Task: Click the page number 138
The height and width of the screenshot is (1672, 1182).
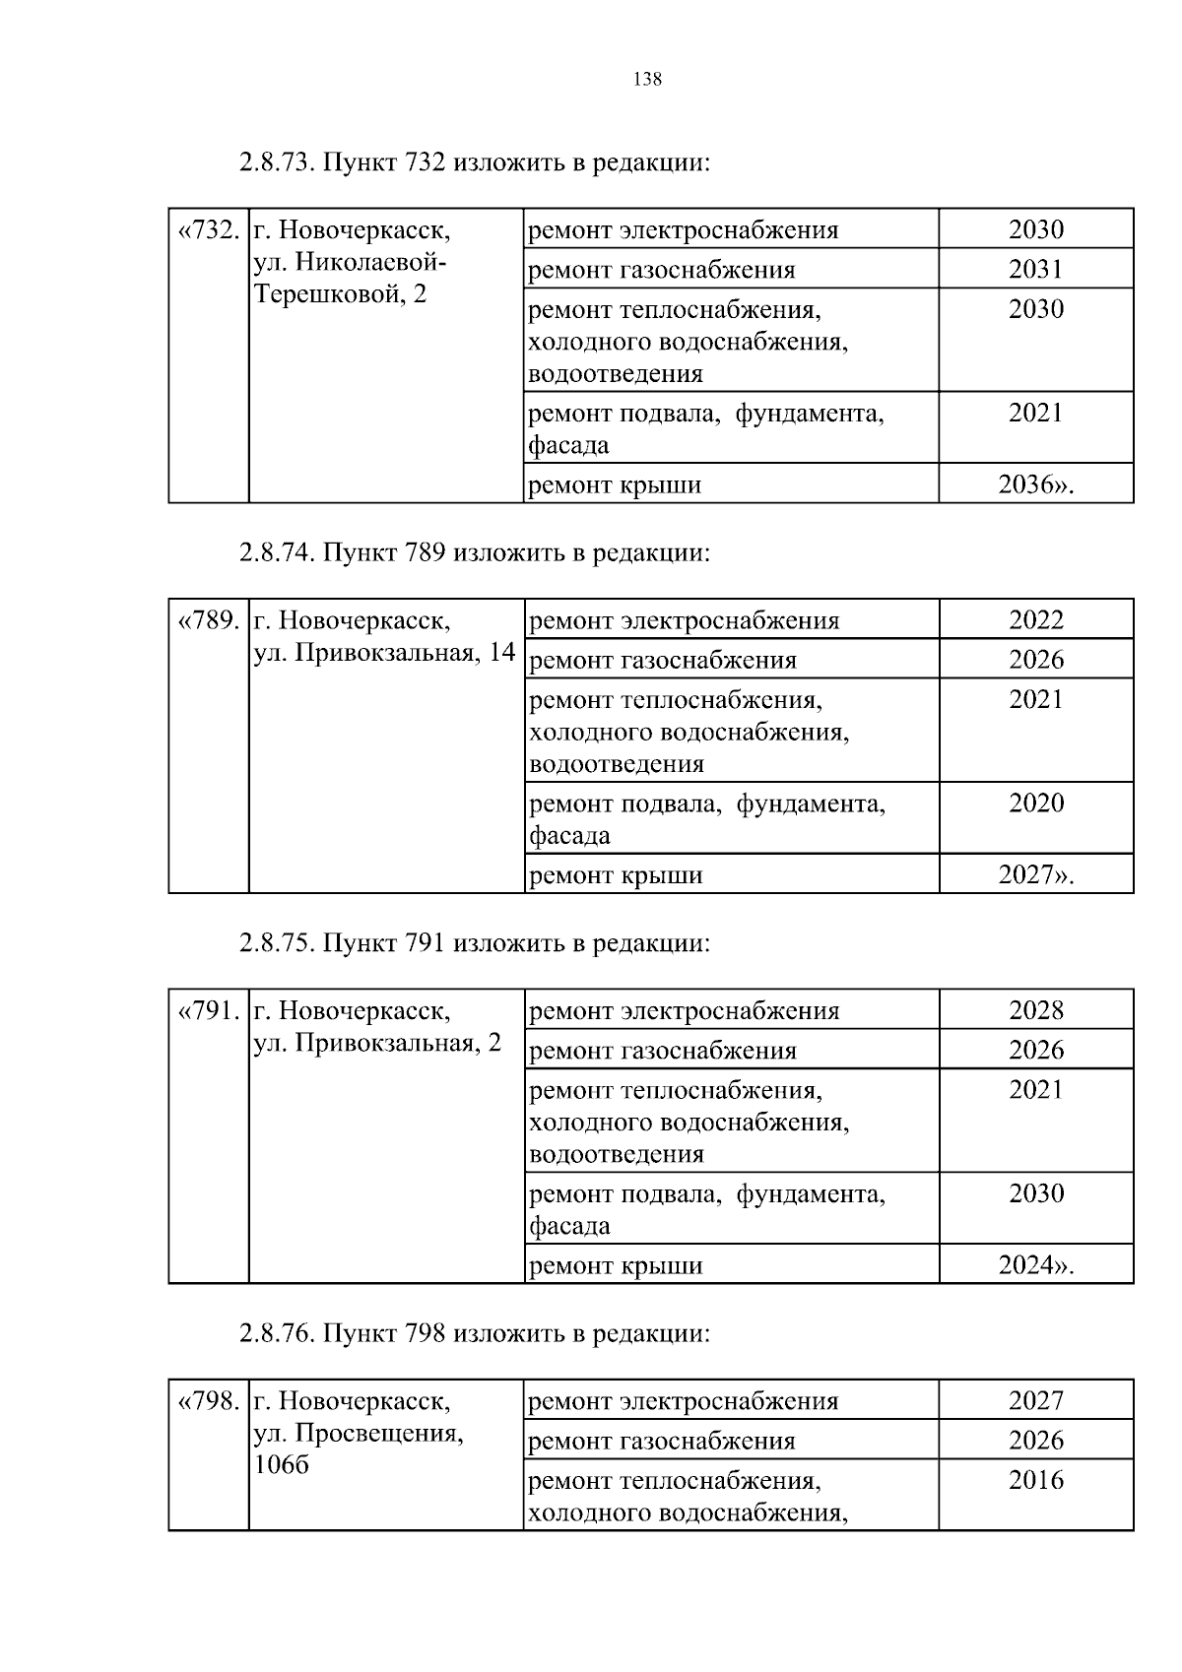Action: click(647, 81)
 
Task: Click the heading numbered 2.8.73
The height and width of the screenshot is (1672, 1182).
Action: click(473, 162)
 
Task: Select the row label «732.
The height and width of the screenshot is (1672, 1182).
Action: click(208, 230)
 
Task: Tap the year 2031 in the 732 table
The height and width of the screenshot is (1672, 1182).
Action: click(1035, 269)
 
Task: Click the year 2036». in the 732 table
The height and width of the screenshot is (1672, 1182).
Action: click(1035, 484)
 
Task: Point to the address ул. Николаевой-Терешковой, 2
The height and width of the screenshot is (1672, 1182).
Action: click(350, 278)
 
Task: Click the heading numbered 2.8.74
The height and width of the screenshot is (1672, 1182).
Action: click(473, 552)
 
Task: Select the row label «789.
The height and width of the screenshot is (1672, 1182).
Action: click(208, 620)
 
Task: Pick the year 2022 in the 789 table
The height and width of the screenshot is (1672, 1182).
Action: click(1035, 619)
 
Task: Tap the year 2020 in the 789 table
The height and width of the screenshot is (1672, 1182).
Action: click(1035, 803)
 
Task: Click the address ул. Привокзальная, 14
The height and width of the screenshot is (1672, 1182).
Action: click(384, 652)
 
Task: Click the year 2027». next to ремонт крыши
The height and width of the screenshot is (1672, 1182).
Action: click(1035, 874)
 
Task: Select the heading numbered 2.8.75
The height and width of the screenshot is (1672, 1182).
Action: click(473, 943)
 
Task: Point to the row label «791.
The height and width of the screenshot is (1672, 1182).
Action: click(208, 1011)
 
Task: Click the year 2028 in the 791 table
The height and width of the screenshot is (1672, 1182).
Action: click(1035, 1010)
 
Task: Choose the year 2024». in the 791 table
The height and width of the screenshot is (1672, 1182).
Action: click(1035, 1265)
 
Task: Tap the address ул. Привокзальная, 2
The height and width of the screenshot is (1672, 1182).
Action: click(377, 1043)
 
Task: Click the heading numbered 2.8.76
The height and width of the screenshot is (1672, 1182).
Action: click(473, 1333)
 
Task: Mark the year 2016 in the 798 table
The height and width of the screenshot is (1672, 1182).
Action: click(1035, 1480)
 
